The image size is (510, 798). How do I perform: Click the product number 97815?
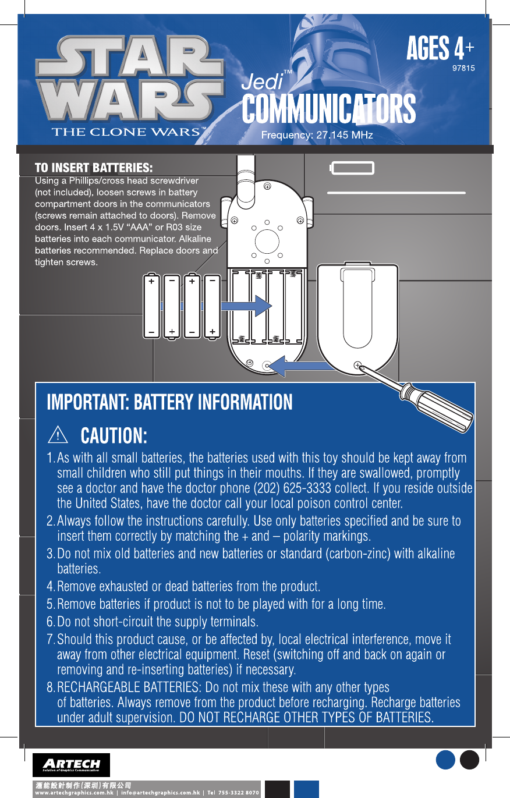[463, 68]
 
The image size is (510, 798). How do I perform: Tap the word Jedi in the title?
[262, 82]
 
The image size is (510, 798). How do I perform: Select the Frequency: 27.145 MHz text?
[317, 135]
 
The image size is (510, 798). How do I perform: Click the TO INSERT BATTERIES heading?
[93, 168]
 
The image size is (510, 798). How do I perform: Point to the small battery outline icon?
[352, 168]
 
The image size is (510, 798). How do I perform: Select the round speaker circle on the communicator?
[267, 241]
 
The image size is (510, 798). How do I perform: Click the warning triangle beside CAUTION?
[58, 435]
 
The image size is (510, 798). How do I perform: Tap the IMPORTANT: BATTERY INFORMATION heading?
[169, 402]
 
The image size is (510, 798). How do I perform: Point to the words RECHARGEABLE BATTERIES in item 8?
[129, 687]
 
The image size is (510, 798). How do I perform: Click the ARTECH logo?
[71, 765]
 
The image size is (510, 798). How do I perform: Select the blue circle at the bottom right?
[445, 760]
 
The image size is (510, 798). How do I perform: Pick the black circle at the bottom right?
[469, 760]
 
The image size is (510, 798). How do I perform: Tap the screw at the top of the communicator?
[267, 186]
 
